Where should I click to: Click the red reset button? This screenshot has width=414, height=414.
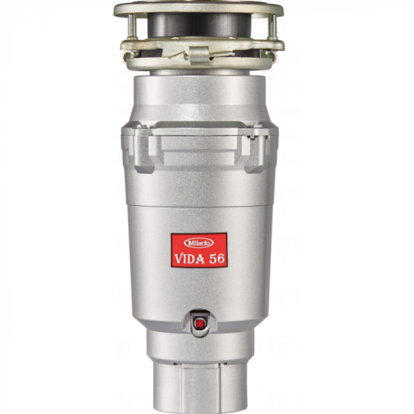tap(200, 323)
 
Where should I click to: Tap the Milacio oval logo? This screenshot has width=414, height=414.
tap(199, 243)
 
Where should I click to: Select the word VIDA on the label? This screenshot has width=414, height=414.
tap(190, 259)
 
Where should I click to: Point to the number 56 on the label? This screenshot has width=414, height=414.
tap(217, 258)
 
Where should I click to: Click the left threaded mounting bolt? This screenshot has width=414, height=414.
tap(132, 26)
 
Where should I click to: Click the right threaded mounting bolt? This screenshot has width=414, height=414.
tap(273, 26)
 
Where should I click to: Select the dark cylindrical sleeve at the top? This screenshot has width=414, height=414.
tap(199, 25)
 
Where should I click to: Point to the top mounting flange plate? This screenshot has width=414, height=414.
tap(199, 9)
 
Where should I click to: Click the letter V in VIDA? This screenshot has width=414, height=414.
tap(179, 259)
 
